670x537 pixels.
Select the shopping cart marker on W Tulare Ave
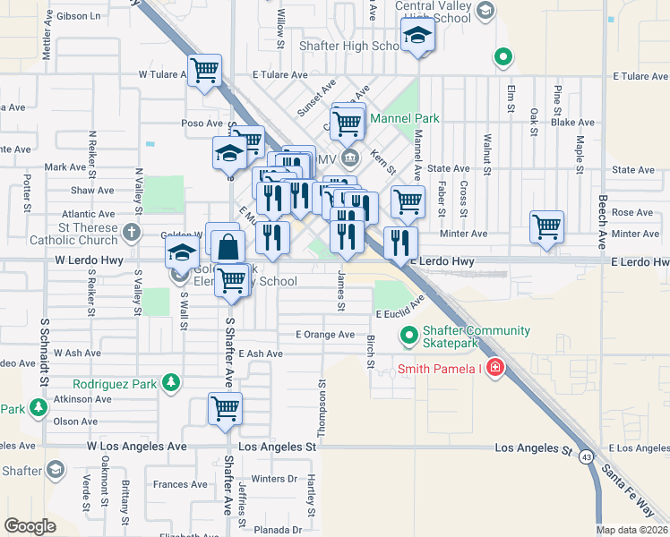point(205,70)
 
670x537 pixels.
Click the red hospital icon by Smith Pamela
point(495,369)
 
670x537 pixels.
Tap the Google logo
point(30,526)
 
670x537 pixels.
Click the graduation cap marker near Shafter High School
point(417,37)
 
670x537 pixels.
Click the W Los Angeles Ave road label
point(137,446)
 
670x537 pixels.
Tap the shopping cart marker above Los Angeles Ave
point(225,408)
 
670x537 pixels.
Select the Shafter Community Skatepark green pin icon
point(409,337)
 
